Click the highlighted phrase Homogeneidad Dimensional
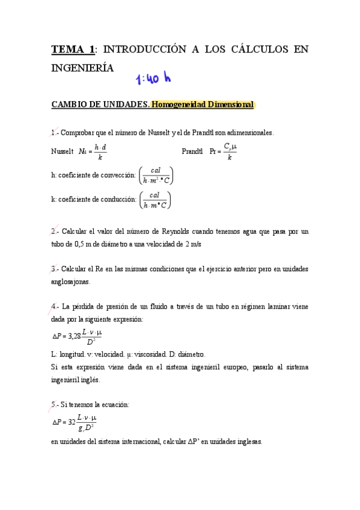click(203, 105)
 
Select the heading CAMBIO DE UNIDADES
click(100, 105)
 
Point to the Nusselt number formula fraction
click(100, 152)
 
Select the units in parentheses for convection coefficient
click(156, 175)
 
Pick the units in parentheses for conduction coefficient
click(154, 200)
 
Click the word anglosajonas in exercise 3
click(70, 281)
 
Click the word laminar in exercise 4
click(273, 306)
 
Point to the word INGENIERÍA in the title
click(82, 68)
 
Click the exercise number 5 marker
click(53, 405)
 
